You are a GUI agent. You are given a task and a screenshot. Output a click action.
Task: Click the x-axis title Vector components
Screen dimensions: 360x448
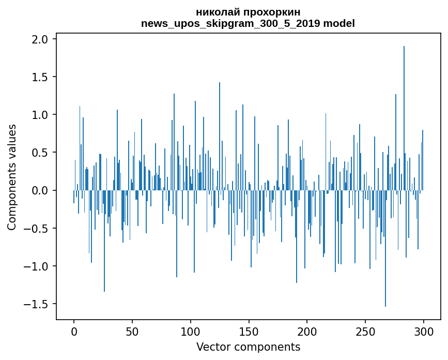point(248,347)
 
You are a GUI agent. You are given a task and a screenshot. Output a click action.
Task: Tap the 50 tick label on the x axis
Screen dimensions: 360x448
point(132,331)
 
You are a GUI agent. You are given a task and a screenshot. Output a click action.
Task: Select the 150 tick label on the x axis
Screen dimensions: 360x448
point(249,331)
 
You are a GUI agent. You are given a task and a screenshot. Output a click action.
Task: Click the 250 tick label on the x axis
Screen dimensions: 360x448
point(365,331)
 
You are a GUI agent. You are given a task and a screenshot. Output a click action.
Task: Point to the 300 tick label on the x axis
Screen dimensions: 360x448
point(424,331)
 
